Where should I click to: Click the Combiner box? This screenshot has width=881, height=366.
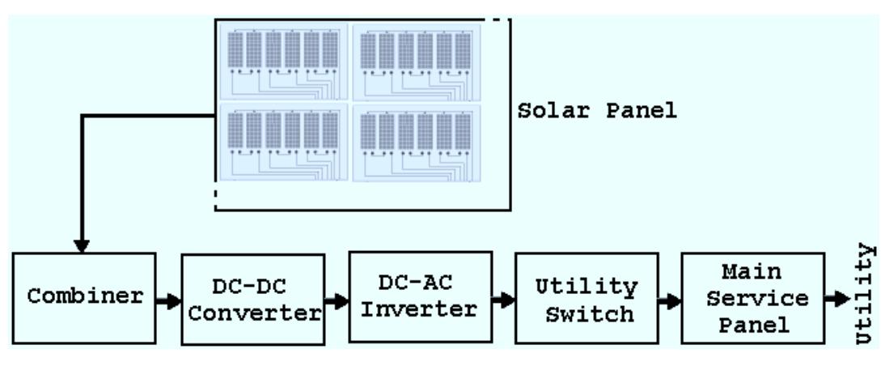point(84,296)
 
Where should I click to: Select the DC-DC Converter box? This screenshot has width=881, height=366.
point(252,300)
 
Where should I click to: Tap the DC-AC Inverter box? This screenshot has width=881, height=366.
point(420,297)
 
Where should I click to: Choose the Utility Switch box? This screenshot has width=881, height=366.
point(587,298)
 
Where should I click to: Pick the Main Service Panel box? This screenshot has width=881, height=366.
point(753,298)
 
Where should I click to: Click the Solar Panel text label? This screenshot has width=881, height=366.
point(597,112)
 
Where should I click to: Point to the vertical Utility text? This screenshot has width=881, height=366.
point(866,294)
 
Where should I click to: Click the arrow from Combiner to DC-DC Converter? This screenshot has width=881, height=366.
point(168,301)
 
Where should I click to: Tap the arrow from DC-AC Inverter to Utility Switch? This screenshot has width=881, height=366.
point(503,300)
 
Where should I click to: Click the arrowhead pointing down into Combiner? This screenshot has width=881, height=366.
point(82,245)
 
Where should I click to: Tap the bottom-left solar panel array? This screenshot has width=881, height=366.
point(283,142)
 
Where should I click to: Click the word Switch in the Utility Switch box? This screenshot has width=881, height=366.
point(587,312)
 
